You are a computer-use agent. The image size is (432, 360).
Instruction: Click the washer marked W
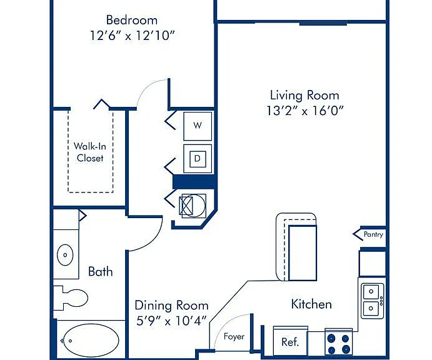point(198,126)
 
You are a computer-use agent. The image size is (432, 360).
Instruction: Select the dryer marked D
point(198,159)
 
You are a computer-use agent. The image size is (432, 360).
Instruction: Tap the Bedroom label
point(132,20)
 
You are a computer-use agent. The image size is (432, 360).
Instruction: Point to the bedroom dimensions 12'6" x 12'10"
point(133,36)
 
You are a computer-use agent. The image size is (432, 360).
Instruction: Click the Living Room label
point(304,95)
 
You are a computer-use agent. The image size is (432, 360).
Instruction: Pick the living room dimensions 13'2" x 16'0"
point(305,111)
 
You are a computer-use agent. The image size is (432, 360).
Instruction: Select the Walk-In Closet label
point(90,152)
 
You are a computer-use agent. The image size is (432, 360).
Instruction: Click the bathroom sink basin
point(65,255)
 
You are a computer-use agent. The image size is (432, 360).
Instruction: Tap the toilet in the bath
point(71,297)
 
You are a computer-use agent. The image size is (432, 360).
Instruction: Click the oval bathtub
point(91,341)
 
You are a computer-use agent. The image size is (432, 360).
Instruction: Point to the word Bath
point(100,272)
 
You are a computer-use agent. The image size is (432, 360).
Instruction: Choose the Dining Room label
point(171,306)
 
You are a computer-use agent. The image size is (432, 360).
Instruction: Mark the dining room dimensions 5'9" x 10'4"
point(171,321)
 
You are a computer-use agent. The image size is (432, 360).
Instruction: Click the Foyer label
point(234,336)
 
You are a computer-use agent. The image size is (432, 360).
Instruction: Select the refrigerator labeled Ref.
point(290,341)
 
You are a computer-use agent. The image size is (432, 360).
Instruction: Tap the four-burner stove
point(339,342)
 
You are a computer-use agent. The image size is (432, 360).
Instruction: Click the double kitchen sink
point(373,301)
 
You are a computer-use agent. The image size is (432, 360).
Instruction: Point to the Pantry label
point(373,234)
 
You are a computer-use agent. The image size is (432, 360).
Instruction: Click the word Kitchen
point(311,304)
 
